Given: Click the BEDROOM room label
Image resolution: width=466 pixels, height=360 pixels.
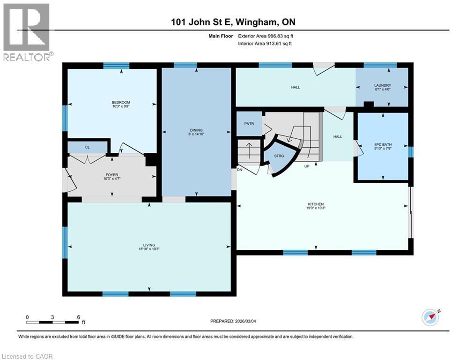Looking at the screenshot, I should pos(120,103).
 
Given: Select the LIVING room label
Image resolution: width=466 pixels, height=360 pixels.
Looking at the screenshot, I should pos(149,245).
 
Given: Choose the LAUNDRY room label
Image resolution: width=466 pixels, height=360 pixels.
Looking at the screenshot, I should pos(382,85).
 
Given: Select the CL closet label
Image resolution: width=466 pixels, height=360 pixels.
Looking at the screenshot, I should pos(87,147).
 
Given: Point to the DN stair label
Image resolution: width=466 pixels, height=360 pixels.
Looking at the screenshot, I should pos(239,170).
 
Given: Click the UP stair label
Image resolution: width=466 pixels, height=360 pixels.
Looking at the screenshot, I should pos(307,166).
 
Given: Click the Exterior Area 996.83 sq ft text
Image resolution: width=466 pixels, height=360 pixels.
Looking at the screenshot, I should pos(266,36).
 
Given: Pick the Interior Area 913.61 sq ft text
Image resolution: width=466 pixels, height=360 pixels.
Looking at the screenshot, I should pos(266,44).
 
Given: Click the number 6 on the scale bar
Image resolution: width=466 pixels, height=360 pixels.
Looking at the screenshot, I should pos(78,317).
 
